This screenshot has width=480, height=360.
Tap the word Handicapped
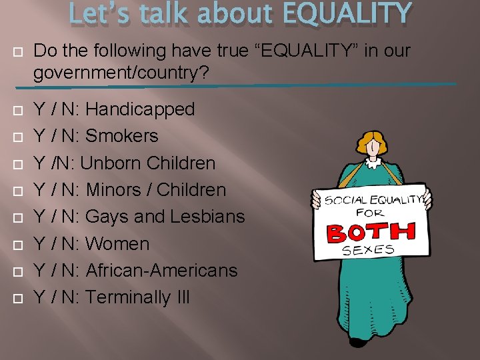click(x=140, y=109)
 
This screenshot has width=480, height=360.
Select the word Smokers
click(x=122, y=136)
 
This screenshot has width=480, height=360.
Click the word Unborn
click(x=110, y=163)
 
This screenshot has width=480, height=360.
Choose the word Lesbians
click(x=207, y=217)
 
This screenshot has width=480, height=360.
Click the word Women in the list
click(x=117, y=243)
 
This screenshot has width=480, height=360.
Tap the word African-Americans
click(x=162, y=270)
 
